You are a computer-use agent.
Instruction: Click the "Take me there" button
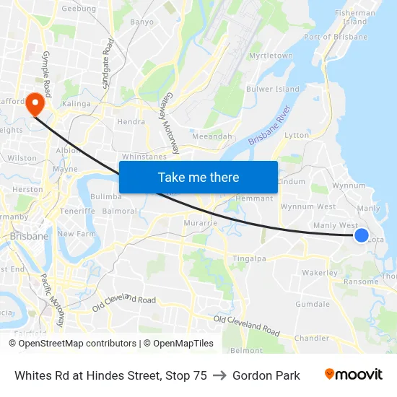(198, 177)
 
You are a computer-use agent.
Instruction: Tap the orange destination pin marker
(35, 105)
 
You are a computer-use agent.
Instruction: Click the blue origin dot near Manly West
(362, 235)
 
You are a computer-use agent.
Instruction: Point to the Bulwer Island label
(273, 90)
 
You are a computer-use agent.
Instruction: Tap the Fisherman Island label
(356, 17)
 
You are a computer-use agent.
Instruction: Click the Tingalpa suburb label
(249, 258)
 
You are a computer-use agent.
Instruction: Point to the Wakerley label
(320, 273)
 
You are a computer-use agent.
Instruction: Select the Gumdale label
(313, 304)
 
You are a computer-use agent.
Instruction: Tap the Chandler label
(313, 338)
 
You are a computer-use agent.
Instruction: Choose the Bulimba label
(106, 196)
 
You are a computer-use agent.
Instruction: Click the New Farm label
(77, 234)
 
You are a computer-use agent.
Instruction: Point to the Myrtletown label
(271, 56)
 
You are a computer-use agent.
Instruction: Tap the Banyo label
(141, 22)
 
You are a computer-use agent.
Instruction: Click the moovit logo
(354, 374)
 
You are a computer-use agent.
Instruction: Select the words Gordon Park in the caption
(266, 375)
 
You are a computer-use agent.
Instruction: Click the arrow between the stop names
(219, 375)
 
